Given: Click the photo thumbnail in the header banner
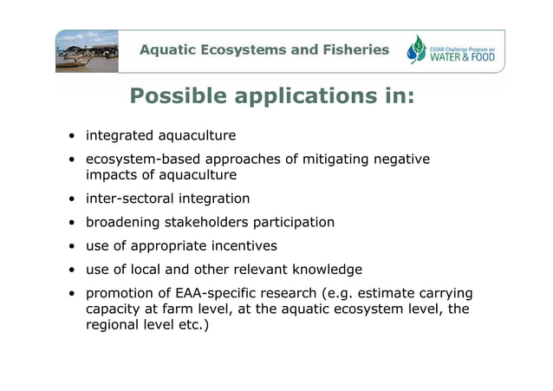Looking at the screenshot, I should pos(86,50).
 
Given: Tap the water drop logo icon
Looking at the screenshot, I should pos(418,50).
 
